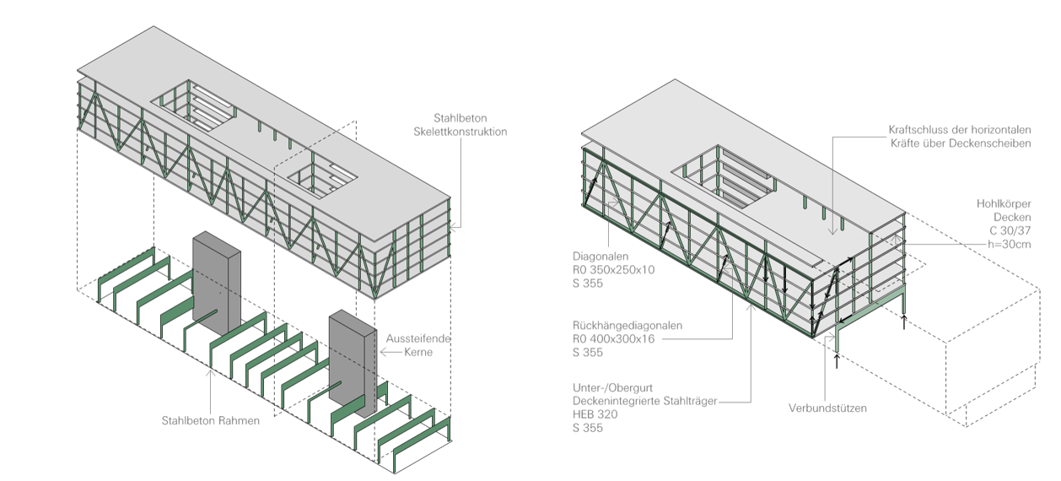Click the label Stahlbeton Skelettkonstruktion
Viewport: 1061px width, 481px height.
click(460, 125)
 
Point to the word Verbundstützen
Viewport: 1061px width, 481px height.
click(828, 408)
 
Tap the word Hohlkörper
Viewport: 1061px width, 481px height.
click(1005, 203)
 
